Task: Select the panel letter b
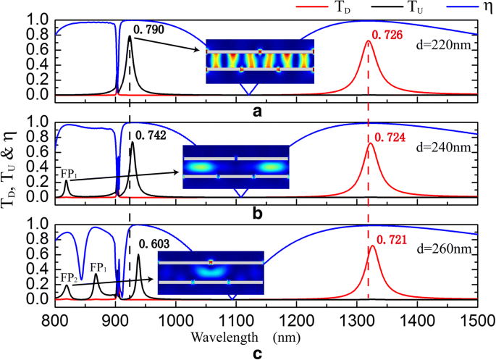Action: pos(256,214)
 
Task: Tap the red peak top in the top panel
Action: pos(368,41)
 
